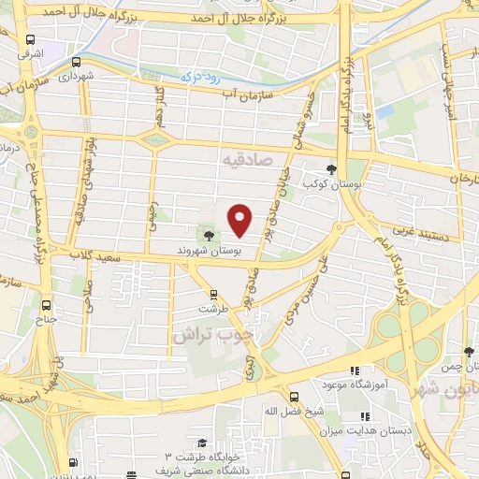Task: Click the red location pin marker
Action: [241, 219]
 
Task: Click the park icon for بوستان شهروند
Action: [208, 237]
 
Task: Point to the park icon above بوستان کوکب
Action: [331, 168]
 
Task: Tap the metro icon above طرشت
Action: [213, 294]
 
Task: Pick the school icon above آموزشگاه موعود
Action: [354, 370]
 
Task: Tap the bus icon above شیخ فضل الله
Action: [294, 396]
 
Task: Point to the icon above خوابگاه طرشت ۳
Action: [200, 443]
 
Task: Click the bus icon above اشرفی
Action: [31, 41]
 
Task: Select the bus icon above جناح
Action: [47, 304]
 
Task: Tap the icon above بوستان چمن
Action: [469, 352]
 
